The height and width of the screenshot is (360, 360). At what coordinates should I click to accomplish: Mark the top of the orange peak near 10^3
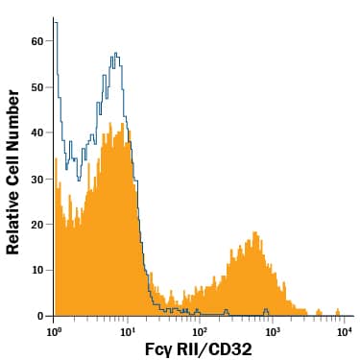(x=254, y=232)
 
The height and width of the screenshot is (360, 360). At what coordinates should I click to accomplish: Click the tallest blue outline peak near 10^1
(x=115, y=54)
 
